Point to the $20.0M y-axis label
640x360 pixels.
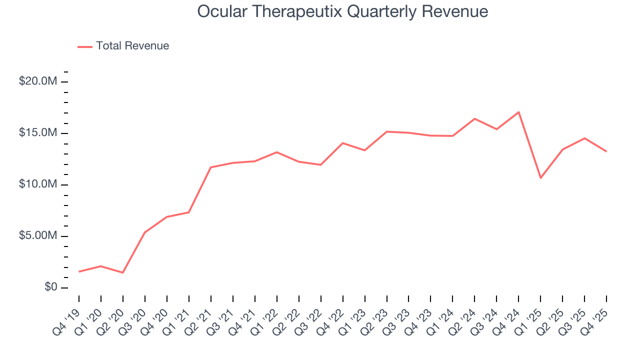pyautogui.click(x=38, y=81)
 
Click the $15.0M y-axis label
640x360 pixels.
pyautogui.click(x=38, y=133)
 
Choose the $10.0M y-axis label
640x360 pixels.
pyautogui.click(x=38, y=184)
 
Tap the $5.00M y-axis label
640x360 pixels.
pyautogui.click(x=38, y=236)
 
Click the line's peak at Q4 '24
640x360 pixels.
pyautogui.click(x=519, y=112)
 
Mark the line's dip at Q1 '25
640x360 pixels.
pyautogui.click(x=541, y=178)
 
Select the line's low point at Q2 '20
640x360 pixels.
pyautogui.click(x=123, y=272)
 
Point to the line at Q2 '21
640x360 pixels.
pyautogui.click(x=211, y=167)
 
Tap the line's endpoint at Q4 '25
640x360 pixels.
pyautogui.click(x=606, y=151)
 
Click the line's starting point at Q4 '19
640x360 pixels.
pyautogui.click(x=79, y=271)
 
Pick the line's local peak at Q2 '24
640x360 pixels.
pyautogui.click(x=475, y=118)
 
